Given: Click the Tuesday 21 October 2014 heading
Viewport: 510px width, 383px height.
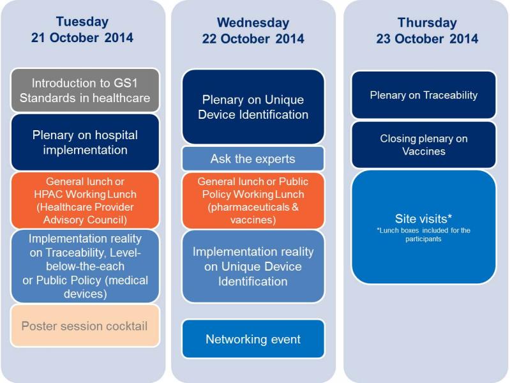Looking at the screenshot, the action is pyautogui.click(x=82, y=29).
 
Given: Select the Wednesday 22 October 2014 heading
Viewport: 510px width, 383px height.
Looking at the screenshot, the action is pyautogui.click(x=253, y=31).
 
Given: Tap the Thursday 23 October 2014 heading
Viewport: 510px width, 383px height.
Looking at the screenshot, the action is pyautogui.click(x=427, y=31).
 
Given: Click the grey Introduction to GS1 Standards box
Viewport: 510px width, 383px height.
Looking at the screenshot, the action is pyautogui.click(x=85, y=90).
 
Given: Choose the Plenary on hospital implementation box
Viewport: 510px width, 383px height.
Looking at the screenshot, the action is pyautogui.click(x=85, y=142).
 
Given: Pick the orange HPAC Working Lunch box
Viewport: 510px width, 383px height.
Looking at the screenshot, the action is pyautogui.click(x=85, y=200).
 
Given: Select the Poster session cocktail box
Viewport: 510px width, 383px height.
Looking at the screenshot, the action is pyautogui.click(x=85, y=326).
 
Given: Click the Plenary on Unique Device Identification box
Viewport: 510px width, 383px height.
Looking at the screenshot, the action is pyautogui.click(x=253, y=107).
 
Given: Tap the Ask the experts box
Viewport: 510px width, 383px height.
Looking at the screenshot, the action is pyautogui.click(x=253, y=159).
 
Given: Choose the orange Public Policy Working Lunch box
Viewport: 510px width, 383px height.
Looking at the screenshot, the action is pyautogui.click(x=253, y=200).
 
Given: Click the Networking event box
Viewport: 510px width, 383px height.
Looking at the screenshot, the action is pyautogui.click(x=253, y=339).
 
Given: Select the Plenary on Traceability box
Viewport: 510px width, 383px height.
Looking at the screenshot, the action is pyautogui.click(x=423, y=95).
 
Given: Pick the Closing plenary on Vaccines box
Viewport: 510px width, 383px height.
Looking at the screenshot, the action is pyautogui.click(x=423, y=145).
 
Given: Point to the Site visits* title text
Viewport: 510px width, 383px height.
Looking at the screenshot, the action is pyautogui.click(x=423, y=219).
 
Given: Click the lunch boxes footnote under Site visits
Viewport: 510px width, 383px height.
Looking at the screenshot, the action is pyautogui.click(x=423, y=235).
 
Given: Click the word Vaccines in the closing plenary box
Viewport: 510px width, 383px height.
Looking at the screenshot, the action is pyautogui.click(x=423, y=151).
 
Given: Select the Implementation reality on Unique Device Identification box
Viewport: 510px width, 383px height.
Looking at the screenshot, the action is pyautogui.click(x=253, y=267).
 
